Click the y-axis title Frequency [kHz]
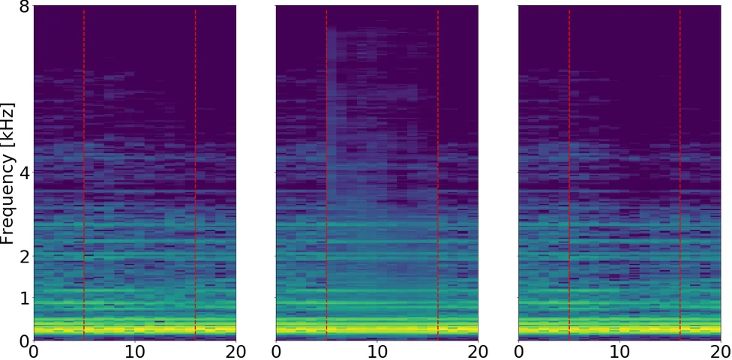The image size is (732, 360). point(8,173)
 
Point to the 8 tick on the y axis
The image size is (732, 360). point(24,7)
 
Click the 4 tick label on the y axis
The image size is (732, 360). point(24,173)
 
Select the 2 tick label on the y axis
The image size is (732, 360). point(24,256)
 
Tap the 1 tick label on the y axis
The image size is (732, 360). point(24,298)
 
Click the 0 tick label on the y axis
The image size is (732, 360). point(24,340)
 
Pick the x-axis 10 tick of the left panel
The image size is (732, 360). point(134,351)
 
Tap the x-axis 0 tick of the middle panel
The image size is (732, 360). point(276,351)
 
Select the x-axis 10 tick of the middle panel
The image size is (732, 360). point(377,351)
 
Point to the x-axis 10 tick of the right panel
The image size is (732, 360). point(619,351)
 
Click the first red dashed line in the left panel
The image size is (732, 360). point(84,172)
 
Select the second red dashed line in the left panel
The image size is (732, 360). point(195,172)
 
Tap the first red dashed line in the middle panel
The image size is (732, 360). point(326,172)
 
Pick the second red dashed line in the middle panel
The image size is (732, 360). point(438,172)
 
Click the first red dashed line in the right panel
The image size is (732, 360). point(569,172)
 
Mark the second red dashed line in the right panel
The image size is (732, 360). point(680,172)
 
